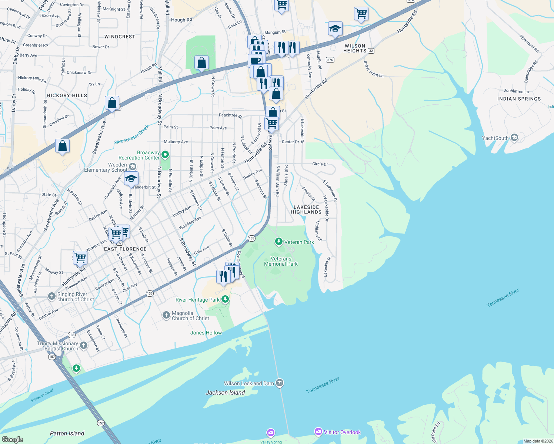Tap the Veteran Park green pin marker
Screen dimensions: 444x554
pos(278,242)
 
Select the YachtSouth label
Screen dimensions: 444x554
pos(495,138)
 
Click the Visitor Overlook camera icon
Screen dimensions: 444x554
pos(318,431)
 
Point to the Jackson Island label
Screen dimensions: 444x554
pos(225,393)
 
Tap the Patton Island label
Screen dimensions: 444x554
pos(67,433)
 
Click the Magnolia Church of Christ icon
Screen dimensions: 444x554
pos(166,315)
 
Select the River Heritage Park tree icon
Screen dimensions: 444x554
pos(225,299)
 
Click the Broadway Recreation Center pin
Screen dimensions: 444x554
pos(165,154)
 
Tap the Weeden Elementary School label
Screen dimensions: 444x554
pos(105,168)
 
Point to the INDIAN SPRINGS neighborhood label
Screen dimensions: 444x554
pos(519,99)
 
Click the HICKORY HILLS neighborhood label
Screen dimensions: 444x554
pos(67,95)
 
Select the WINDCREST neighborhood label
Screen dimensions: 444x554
pos(120,37)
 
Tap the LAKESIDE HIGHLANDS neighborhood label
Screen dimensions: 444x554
pos(306,210)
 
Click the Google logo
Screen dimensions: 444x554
pos(12,439)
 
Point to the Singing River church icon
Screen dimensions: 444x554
pos(52,296)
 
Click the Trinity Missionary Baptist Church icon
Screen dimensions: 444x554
pos(84,346)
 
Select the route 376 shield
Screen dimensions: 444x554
pos(330,60)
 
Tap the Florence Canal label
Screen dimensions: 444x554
pos(42,395)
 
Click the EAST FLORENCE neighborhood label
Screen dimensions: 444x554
pos(125,249)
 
